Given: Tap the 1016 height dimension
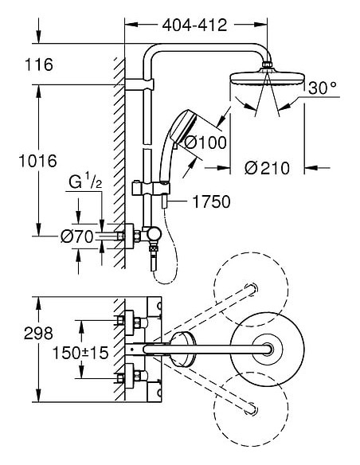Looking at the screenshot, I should (37, 161).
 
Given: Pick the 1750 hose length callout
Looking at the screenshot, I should (210, 202).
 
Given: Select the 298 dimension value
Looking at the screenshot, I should (37, 334).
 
